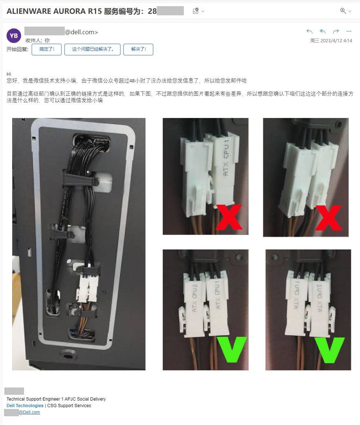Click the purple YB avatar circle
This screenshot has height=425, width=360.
coord(14,36)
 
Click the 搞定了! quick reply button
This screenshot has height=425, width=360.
coord(46,50)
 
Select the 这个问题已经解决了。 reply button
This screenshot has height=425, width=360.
coord(92,50)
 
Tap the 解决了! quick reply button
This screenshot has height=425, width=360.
coord(138,50)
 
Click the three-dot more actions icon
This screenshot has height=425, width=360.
coord(349,31)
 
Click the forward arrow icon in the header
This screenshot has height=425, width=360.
coord(336,31)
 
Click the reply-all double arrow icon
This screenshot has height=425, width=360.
coord(323,31)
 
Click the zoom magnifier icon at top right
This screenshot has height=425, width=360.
coord(343,11)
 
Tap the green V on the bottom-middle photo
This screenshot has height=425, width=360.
coord(232,349)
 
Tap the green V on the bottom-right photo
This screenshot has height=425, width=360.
coord(329,349)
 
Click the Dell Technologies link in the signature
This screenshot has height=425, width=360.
coord(25,406)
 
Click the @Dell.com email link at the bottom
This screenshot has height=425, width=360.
coord(29,412)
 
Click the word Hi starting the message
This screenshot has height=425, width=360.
coord(9,74)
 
